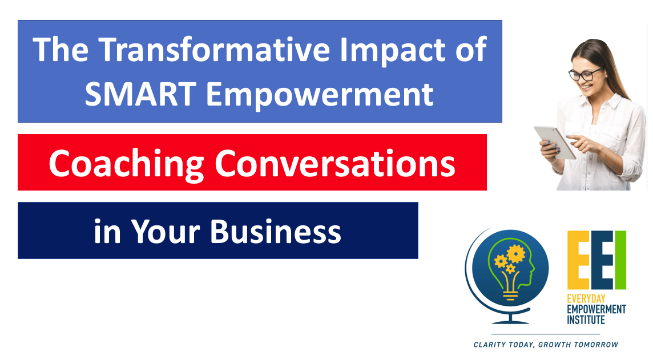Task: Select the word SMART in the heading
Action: coord(141,94)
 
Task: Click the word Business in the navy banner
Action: coord(275,231)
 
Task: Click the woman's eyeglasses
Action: coord(585,74)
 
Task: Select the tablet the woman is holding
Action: coord(555,142)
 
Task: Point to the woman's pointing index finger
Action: coord(573,137)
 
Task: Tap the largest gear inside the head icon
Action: coord(515,253)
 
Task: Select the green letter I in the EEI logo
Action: coord(620,260)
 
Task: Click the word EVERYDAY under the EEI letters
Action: coord(586,299)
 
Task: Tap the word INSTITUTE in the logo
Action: coord(586,319)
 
